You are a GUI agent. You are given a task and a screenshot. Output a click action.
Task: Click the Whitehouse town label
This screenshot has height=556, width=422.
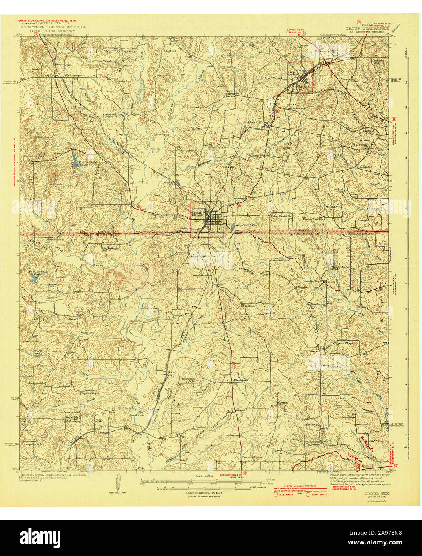[73, 75]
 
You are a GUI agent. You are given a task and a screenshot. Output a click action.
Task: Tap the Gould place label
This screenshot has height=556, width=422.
[172, 372]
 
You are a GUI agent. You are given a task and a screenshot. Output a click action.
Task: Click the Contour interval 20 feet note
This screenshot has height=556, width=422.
[204, 492]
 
